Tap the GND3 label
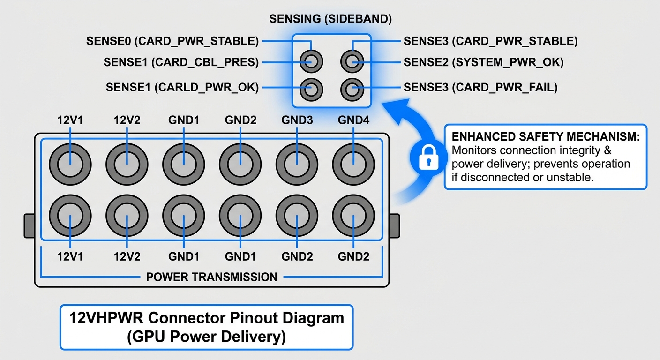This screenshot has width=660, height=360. coord(297,120)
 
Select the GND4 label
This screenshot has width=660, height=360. coord(353,120)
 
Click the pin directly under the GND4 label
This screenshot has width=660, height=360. coord(353,165)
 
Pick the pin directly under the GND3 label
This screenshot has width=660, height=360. coord(297,165)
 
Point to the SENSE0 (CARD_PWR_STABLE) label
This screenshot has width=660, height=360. coord(172,41)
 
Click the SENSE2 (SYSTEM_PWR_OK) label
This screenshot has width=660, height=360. coord(483,62)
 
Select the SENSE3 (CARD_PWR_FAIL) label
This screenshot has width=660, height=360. coord(480,87)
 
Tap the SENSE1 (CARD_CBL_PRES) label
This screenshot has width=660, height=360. coord(181,62)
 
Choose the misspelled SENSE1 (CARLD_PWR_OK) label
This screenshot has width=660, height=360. coord(182,87)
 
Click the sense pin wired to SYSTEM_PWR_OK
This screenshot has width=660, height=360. coord(352,61)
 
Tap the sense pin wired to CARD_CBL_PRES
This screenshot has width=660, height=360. coord(311,61)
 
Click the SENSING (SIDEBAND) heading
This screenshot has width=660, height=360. coord(330,19)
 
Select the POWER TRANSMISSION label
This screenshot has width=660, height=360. coord(212,277)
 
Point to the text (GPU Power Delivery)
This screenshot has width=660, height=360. coord(206,337)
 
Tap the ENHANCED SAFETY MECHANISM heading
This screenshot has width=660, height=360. coord(546,137)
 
